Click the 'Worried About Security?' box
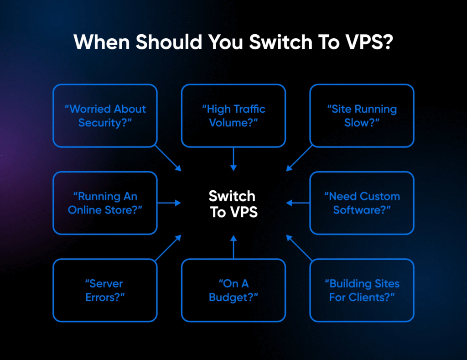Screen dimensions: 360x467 (x=105, y=115)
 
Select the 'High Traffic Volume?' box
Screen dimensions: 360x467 (x=233, y=115)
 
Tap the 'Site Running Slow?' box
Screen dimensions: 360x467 (x=362, y=115)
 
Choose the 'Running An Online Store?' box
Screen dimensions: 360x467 (x=105, y=203)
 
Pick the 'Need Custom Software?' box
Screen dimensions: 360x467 (x=362, y=203)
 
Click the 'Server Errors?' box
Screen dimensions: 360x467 (x=105, y=290)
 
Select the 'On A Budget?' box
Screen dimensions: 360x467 (x=233, y=290)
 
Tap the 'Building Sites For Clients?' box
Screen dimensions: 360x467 (x=362, y=290)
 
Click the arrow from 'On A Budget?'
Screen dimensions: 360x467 (x=233, y=247)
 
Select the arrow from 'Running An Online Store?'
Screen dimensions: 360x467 (x=169, y=203)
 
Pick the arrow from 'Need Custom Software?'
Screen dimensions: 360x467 (x=298, y=203)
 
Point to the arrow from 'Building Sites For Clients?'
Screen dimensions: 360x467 (x=299, y=248)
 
